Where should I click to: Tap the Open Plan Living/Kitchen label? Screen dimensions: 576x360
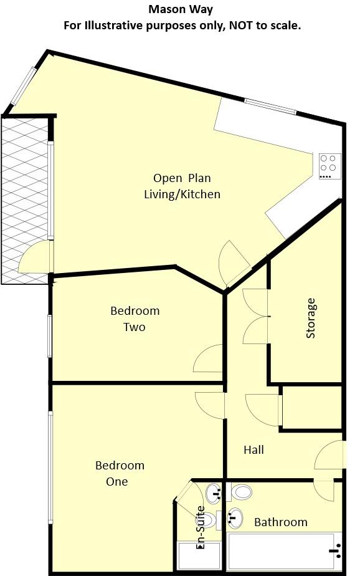click(182, 186)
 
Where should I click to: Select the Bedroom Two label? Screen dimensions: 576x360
click(135, 319)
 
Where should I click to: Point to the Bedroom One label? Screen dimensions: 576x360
click(120, 473)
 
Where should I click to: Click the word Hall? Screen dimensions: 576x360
click(253, 449)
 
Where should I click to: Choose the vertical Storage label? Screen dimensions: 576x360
click(311, 318)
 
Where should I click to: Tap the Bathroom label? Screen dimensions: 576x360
click(280, 522)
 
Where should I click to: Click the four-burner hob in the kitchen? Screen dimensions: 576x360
click(328, 166)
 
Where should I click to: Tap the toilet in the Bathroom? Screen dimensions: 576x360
click(240, 492)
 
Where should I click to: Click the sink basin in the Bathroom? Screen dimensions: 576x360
click(235, 517)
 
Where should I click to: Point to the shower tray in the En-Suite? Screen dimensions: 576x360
click(199, 556)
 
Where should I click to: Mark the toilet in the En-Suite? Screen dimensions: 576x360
click(209, 519)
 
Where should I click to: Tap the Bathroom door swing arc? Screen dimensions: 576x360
click(324, 490)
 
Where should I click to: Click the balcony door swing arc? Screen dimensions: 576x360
click(34, 258)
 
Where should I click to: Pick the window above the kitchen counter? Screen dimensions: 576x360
click(270, 106)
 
